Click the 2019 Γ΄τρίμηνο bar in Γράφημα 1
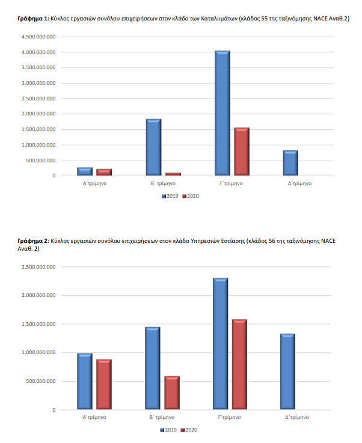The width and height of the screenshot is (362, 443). (x=222, y=113)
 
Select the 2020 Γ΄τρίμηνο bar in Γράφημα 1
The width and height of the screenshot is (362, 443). (x=242, y=151)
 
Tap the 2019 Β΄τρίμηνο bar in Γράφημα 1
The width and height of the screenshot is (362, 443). (x=153, y=147)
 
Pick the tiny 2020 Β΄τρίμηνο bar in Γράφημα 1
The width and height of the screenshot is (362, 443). (x=173, y=174)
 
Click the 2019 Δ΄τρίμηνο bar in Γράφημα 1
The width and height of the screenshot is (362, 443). (x=290, y=163)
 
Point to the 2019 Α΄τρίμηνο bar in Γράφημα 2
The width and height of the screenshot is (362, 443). (x=85, y=382)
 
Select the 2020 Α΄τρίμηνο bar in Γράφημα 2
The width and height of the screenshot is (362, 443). (x=104, y=385)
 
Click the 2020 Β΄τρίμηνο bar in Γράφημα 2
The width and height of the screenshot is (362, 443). (x=172, y=393)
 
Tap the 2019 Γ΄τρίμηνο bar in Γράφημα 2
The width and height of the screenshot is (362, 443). (x=220, y=344)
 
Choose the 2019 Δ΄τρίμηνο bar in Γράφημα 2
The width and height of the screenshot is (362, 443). (x=287, y=371)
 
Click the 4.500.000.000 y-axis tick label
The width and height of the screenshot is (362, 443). (x=38, y=37)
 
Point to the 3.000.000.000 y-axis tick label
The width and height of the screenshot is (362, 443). (x=38, y=83)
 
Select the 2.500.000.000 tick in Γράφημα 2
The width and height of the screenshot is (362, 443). (x=38, y=266)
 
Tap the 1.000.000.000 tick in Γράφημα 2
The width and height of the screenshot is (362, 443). (x=38, y=352)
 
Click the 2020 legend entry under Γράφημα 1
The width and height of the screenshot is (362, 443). (x=191, y=196)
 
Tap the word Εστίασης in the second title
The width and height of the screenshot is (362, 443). (x=230, y=240)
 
